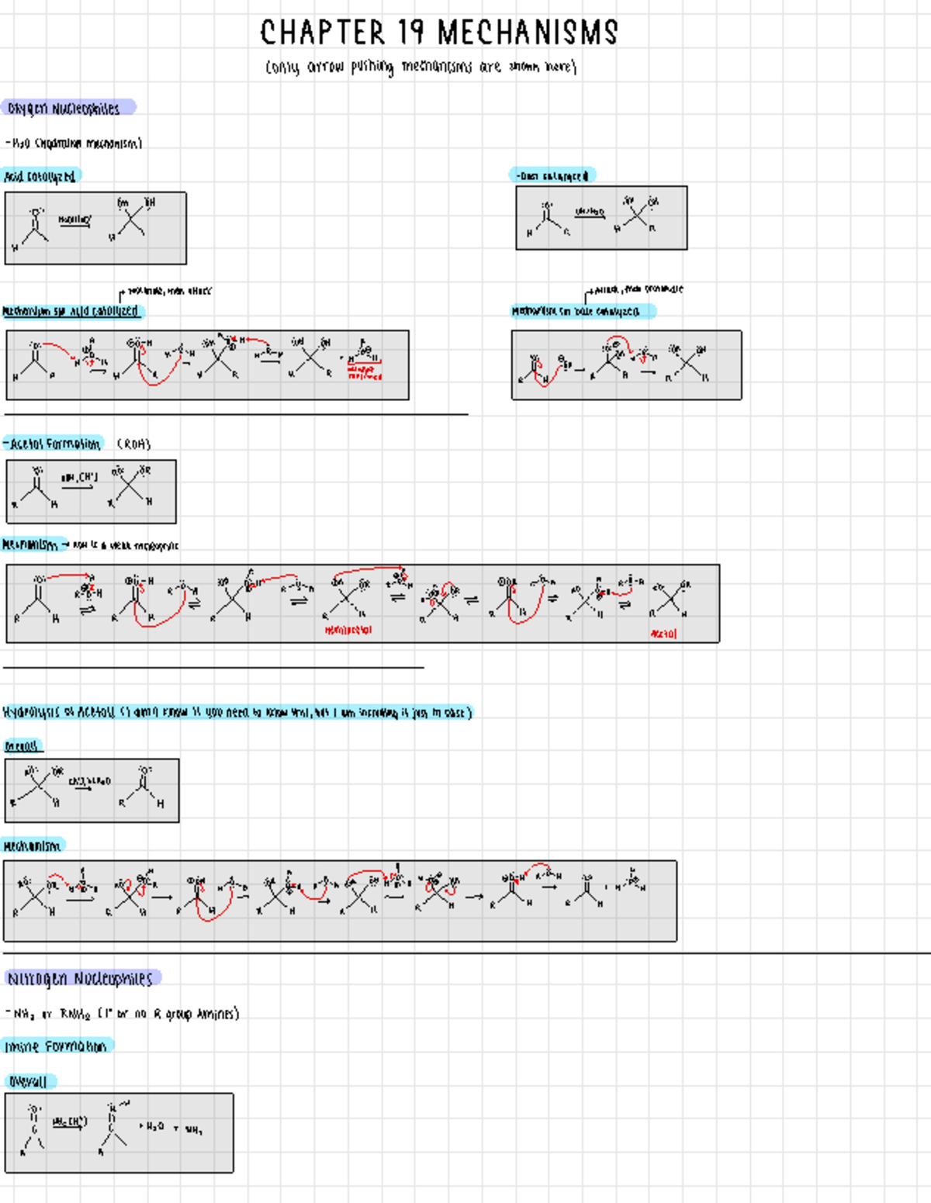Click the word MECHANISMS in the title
[x=528, y=33]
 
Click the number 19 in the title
[x=410, y=33]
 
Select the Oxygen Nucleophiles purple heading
[x=67, y=108]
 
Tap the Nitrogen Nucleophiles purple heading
[x=81, y=978]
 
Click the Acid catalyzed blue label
[x=40, y=176]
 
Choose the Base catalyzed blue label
[x=552, y=176]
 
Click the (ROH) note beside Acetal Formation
[x=133, y=444]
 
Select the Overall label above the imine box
[x=29, y=1081]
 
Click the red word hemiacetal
[x=348, y=630]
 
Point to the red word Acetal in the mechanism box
[x=663, y=634]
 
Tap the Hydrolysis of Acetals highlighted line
[x=237, y=712]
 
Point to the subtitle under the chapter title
[x=421, y=67]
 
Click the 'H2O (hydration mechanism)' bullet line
[x=74, y=143]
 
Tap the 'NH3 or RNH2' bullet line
[x=122, y=1014]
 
